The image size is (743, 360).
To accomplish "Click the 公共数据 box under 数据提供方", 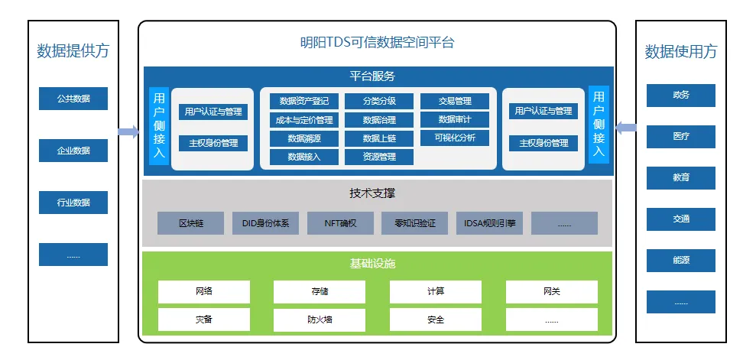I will point(73,99).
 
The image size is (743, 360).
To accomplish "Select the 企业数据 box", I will point(73,151).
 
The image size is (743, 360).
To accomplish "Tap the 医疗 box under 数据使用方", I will point(681,136).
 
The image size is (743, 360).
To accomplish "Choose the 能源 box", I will point(681,260).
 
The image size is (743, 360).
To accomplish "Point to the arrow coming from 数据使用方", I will point(626,128).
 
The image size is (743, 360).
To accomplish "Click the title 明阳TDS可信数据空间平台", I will point(377,43).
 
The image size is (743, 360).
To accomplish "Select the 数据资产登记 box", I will point(303,101).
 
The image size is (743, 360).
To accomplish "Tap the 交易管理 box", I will point(455,101).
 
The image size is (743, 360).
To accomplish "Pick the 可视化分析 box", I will point(455,138).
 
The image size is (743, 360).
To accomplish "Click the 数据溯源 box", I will point(303,138).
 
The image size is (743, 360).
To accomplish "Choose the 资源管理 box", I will point(378,157).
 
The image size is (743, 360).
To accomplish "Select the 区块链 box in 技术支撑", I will point(191,223).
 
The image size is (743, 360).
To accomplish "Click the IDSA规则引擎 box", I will point(489,223).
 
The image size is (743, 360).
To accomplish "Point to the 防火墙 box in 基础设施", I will point(320,319).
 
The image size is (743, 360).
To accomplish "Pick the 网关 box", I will point(552,291).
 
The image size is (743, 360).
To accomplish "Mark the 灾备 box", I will point(204,319).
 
